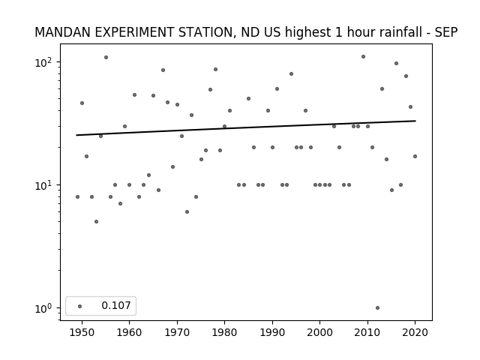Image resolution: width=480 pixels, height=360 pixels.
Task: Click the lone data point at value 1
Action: [x=377, y=308]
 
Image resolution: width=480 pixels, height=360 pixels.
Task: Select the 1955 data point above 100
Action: [x=106, y=57]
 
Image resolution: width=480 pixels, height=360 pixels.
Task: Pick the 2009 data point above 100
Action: [x=363, y=57]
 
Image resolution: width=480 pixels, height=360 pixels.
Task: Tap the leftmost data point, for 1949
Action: [x=77, y=196]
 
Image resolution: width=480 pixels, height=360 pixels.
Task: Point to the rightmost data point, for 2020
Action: [x=415, y=157]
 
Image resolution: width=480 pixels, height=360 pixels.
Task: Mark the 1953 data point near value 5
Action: [x=97, y=222]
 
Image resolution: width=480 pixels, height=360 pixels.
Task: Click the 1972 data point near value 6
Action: [x=187, y=211]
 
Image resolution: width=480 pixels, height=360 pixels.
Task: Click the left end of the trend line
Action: [x=76, y=135]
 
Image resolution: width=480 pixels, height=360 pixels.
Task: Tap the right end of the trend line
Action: [x=415, y=121]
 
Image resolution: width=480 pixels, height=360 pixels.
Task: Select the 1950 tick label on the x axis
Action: [x=82, y=332]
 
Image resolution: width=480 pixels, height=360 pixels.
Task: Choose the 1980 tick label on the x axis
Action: [x=224, y=332]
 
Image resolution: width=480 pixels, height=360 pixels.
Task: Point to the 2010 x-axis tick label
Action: [x=367, y=332]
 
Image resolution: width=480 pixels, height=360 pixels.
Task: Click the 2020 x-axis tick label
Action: [x=415, y=332]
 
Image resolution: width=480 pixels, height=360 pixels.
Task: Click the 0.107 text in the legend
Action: [x=116, y=305]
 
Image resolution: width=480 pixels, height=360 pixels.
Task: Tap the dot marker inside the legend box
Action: [x=80, y=306]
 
